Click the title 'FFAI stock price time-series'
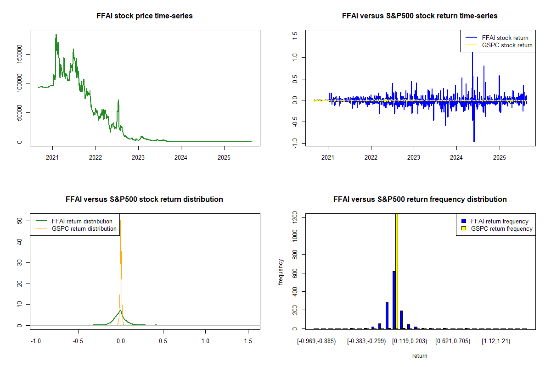(x=145, y=16)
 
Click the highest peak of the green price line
(x=56, y=34)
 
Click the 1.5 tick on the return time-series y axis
(x=294, y=35)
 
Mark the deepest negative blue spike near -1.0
(x=474, y=141)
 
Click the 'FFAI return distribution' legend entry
(x=82, y=222)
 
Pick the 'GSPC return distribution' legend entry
(x=84, y=229)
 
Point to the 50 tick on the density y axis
(x=19, y=221)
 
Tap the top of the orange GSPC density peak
(x=121, y=221)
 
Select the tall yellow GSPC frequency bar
(x=396, y=271)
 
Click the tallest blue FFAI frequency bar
(x=394, y=300)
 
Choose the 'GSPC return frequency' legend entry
(x=502, y=229)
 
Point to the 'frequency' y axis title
(x=281, y=272)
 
